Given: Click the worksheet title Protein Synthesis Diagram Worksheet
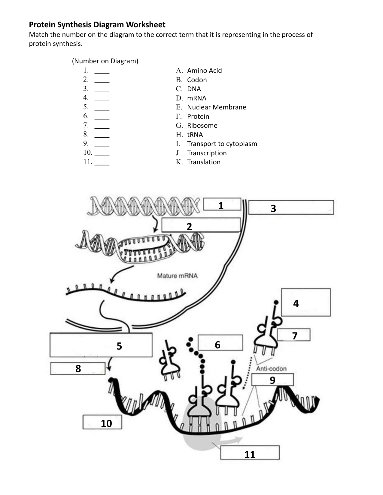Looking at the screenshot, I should tap(97, 25).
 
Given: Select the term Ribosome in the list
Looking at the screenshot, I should tap(202, 125).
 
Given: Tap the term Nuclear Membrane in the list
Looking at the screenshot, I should tap(216, 107).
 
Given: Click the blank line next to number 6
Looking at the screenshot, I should tap(102, 118).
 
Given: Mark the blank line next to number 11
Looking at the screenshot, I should tap(102, 164).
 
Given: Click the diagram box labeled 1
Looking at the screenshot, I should tap(222, 204).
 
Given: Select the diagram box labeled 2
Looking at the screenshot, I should tap(201, 225).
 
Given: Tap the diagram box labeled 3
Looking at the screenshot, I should tap(291, 207).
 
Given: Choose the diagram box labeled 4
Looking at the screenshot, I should tap(305, 303).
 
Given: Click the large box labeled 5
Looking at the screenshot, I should tap(101, 345).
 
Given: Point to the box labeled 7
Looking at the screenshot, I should tap(293, 335).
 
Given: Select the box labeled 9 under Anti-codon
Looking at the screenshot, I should tap(272, 380).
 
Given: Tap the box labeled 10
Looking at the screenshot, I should tap(102, 422).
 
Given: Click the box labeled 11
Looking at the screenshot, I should tap(250, 453).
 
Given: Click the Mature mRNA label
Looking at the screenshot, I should tap(177, 276).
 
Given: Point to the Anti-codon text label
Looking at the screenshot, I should tap(271, 368).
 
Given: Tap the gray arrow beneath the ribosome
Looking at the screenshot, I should tap(233, 440).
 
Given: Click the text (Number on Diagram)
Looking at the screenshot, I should tap(105, 61).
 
